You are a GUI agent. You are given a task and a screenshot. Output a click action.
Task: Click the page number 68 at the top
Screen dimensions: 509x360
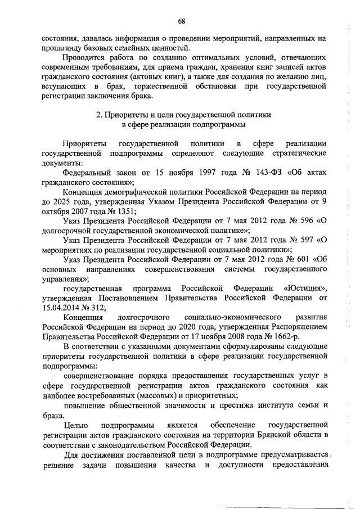point(182,21)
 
